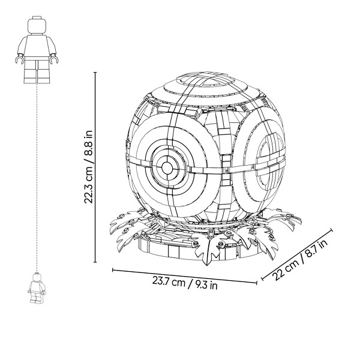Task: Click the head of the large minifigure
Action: coord(37,25)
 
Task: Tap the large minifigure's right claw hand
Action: coord(54,59)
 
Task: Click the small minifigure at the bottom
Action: coord(37,287)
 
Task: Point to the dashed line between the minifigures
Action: coord(37,178)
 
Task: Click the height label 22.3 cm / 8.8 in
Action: coord(88,167)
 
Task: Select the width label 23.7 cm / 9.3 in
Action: coord(185,283)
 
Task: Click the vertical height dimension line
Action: coord(95,167)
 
